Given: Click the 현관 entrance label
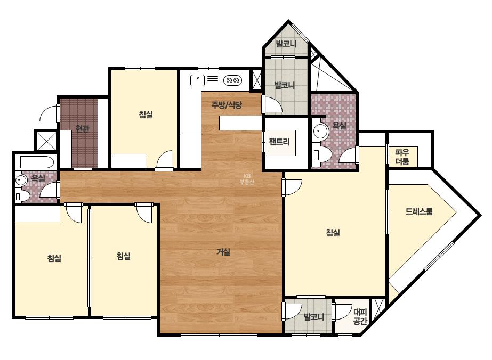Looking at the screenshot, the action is click(x=82, y=128).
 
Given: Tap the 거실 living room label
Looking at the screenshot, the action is click(x=223, y=251).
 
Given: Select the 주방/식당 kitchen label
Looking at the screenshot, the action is click(x=227, y=105).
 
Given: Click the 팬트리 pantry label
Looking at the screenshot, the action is click(x=279, y=142).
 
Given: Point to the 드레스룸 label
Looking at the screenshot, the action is click(x=419, y=211).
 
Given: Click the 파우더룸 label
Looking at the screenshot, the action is click(x=402, y=157).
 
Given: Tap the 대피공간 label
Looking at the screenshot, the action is click(x=360, y=317).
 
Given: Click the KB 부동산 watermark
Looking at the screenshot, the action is click(x=247, y=179).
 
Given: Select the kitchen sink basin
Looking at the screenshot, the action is click(x=197, y=80).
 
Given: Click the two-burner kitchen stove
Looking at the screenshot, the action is click(x=233, y=80).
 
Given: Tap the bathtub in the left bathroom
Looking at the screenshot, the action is click(x=37, y=162).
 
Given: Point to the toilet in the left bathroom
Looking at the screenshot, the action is click(x=22, y=196).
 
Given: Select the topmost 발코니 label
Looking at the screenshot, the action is click(x=286, y=43).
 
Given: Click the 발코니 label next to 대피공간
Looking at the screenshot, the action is click(x=314, y=317).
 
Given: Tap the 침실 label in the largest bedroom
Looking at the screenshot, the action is click(x=333, y=232).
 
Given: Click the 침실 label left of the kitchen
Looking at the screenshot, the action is click(x=146, y=114).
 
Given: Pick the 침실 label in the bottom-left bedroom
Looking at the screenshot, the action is click(x=54, y=258).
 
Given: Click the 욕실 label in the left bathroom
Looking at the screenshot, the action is click(x=38, y=178).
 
